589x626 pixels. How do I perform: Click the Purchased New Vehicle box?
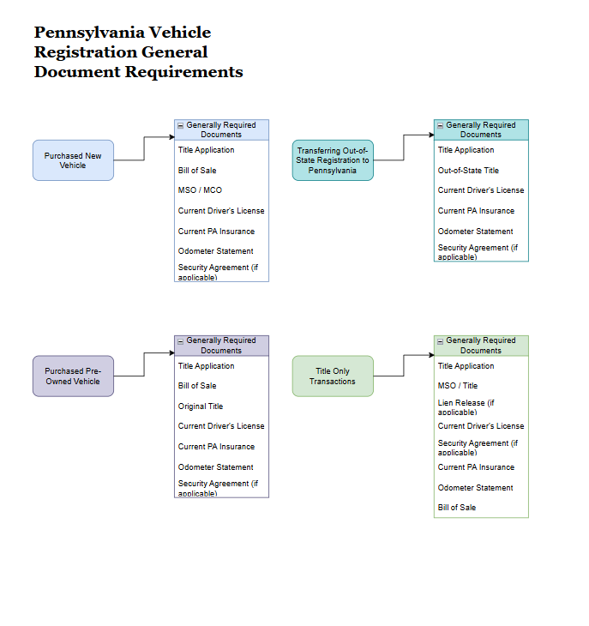point(73,160)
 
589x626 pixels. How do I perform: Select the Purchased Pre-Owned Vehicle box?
point(73,376)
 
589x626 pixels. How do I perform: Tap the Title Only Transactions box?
point(333,376)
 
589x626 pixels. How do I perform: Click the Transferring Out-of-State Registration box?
point(333,160)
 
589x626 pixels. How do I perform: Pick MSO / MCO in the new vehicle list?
point(200,190)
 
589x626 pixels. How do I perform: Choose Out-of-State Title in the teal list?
point(468,171)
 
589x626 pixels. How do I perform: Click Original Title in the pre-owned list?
point(201,406)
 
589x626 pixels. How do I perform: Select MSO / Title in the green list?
point(458,386)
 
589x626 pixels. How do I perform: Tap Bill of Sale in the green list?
point(457,508)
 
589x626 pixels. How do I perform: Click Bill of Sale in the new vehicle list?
point(197,171)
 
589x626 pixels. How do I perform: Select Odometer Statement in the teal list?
point(476,232)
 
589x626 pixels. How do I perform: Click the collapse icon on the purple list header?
point(180,341)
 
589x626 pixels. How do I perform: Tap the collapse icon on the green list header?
point(440,341)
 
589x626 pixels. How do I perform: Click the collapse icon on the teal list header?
point(440,125)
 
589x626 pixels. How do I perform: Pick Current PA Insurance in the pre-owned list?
point(216,447)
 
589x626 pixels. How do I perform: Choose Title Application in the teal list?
point(466,150)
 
